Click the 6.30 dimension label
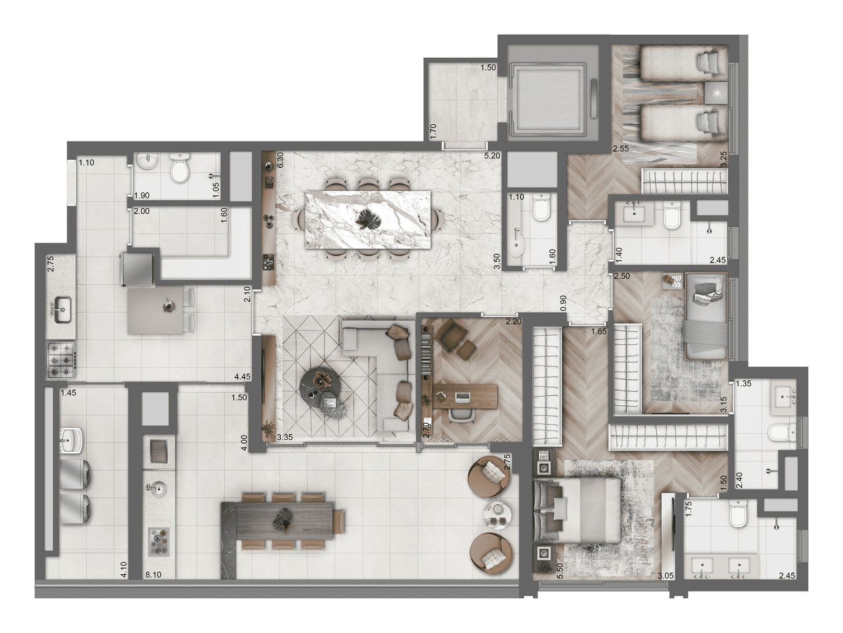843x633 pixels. click(281, 161)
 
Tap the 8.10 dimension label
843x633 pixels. click(153, 574)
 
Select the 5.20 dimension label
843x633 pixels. click(492, 156)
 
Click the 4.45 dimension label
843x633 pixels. click(242, 377)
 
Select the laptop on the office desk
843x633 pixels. click(463, 397)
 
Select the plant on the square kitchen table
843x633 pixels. click(167, 305)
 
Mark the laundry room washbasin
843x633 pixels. click(72, 439)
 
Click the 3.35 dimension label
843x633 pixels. click(285, 437)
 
